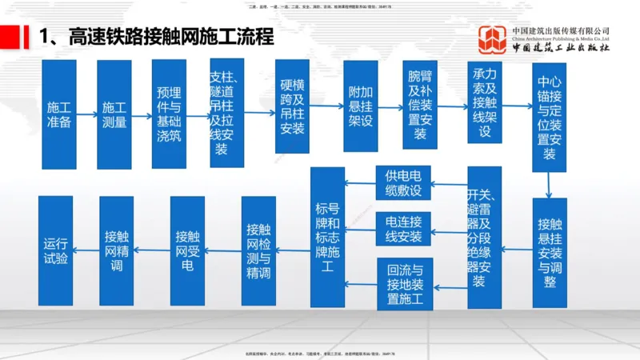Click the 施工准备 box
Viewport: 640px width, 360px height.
tap(58, 114)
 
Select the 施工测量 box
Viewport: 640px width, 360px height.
tap(114, 114)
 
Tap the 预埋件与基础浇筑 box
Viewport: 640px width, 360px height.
tap(169, 114)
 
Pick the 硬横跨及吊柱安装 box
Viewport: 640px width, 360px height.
tap(292, 106)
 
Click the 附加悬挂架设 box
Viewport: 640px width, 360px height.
tap(360, 106)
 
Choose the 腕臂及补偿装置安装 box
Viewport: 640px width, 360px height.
tap(420, 106)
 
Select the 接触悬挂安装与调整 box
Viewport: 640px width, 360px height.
tap(549, 252)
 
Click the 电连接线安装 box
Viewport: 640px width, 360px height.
tap(403, 229)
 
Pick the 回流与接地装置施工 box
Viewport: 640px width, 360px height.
tap(404, 284)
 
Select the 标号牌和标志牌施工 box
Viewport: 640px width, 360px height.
tap(327, 237)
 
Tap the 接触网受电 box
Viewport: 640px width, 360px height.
tap(187, 250)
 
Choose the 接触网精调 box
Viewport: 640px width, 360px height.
tap(117, 250)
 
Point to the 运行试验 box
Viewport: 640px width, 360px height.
tap(56, 250)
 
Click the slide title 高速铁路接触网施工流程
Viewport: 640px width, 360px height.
tap(156, 37)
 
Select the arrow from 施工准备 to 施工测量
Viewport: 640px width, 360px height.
tap(87, 114)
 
